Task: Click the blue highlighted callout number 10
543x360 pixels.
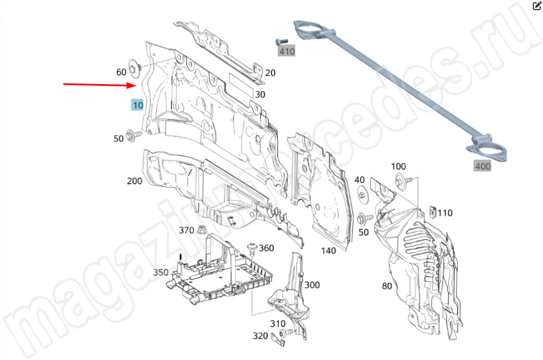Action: [137, 105]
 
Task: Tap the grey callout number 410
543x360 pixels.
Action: [287, 51]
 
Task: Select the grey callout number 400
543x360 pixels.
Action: [483, 166]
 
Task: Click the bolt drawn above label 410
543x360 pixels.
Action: [282, 41]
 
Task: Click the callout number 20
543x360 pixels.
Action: [270, 73]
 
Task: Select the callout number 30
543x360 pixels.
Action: [260, 94]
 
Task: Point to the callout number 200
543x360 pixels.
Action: [135, 181]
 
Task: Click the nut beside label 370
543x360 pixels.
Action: [202, 229]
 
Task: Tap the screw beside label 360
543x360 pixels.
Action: [252, 249]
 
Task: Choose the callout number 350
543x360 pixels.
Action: [161, 273]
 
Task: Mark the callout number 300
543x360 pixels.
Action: [312, 285]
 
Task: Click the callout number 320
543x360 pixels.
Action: [260, 336]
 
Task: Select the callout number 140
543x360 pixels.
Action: [328, 250]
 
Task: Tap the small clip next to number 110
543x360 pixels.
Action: [433, 212]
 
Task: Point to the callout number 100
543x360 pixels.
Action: [399, 166]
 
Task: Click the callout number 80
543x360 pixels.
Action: [387, 286]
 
